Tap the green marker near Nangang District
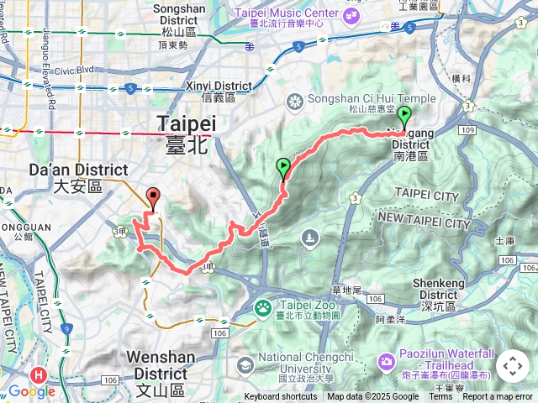(x=403, y=117)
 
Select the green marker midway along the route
(x=283, y=168)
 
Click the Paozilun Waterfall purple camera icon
(x=386, y=362)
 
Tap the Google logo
(x=31, y=391)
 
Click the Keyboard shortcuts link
(x=281, y=397)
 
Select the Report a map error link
(x=498, y=397)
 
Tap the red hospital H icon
(x=37, y=375)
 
